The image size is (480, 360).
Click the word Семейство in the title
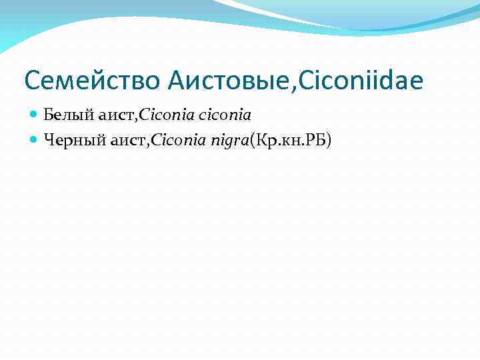pos(92,81)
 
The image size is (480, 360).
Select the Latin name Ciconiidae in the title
pos(363,81)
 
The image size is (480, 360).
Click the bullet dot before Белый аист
pos(35,115)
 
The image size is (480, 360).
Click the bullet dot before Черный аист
pos(35,139)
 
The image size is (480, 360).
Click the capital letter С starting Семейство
pos(31,81)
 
